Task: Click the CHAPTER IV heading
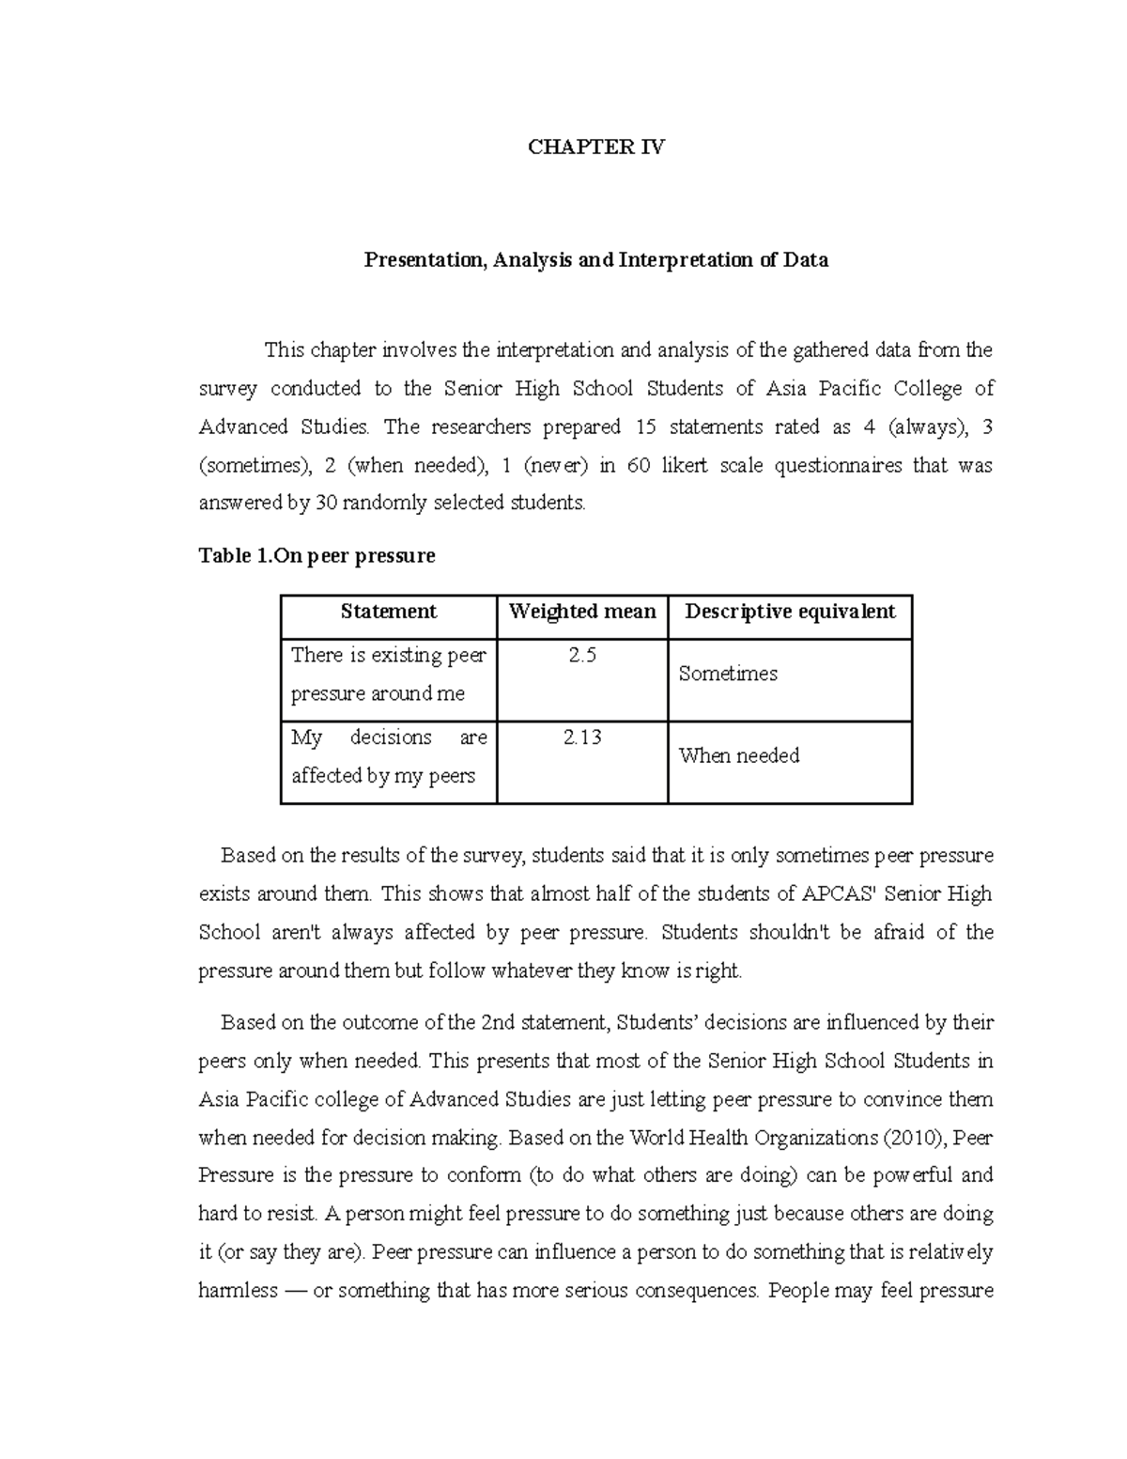pyautogui.click(x=596, y=147)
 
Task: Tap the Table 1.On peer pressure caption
pyautogui.click(x=316, y=555)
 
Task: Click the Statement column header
pyautogui.click(x=388, y=612)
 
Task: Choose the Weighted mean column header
pyautogui.click(x=581, y=612)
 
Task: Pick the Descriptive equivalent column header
pyautogui.click(x=789, y=612)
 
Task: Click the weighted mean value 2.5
pyautogui.click(x=581, y=656)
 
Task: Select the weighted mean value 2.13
pyautogui.click(x=581, y=737)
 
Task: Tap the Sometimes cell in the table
pyautogui.click(x=728, y=674)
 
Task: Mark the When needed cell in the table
pyautogui.click(x=739, y=755)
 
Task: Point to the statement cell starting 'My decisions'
pyautogui.click(x=388, y=756)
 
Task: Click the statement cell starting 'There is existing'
pyautogui.click(x=388, y=675)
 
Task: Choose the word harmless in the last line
pyautogui.click(x=239, y=1291)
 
